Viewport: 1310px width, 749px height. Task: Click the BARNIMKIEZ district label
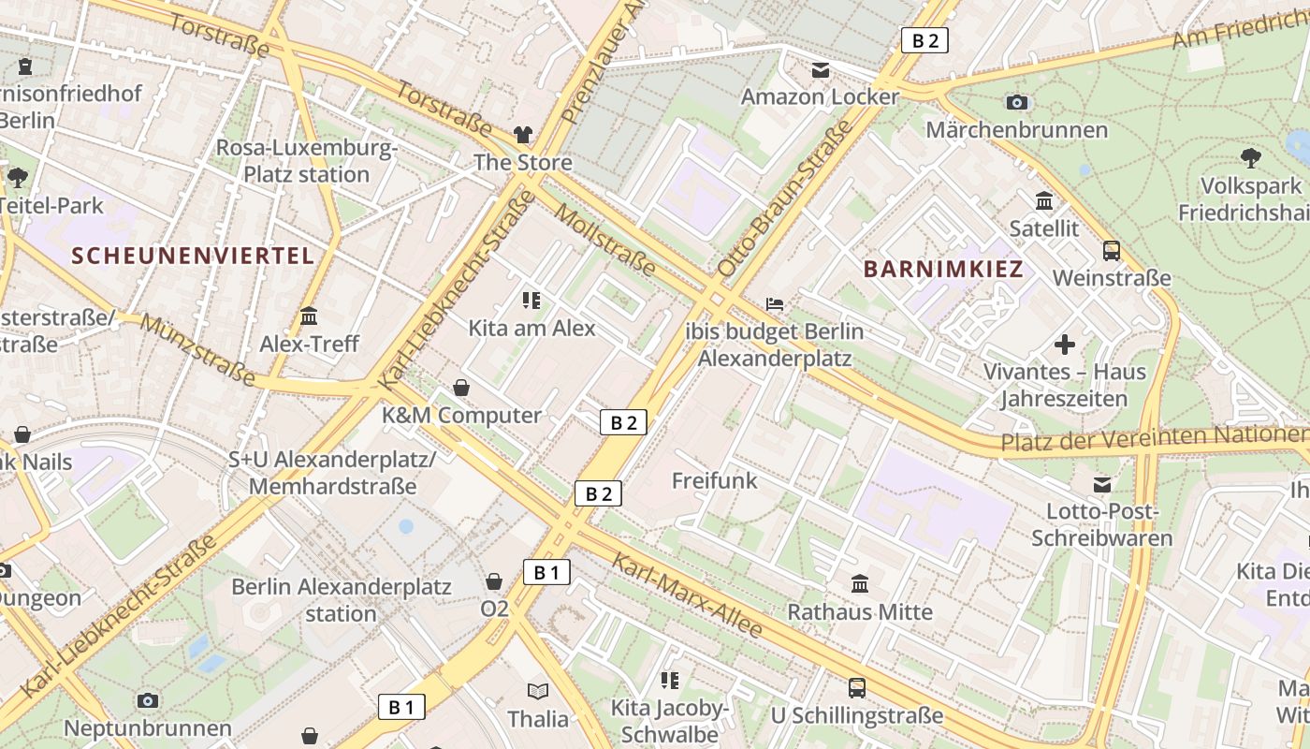tap(943, 270)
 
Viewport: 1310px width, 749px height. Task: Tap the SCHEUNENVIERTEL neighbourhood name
tap(193, 256)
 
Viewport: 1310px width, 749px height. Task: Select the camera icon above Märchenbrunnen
tap(1017, 102)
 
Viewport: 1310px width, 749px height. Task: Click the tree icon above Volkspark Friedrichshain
tap(1250, 157)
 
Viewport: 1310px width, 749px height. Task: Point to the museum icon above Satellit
tap(1044, 201)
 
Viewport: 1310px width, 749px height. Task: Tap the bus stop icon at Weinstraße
tap(1112, 251)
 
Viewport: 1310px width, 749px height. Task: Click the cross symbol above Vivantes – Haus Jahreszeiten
tap(1064, 345)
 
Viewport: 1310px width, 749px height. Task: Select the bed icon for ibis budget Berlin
tap(775, 304)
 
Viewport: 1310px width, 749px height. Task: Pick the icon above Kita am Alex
tap(531, 301)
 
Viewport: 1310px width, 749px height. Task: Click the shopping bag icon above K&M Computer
tap(461, 388)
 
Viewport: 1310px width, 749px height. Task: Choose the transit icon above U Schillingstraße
tap(856, 688)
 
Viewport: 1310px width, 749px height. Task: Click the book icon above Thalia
tap(538, 692)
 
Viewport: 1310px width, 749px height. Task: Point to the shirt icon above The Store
tap(522, 135)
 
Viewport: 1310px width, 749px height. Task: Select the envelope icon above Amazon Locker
tap(821, 70)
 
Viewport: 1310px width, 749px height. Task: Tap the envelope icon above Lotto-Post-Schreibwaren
tap(1102, 485)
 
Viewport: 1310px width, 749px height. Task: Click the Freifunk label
tap(715, 480)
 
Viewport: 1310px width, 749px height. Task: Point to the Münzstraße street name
tap(197, 350)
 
